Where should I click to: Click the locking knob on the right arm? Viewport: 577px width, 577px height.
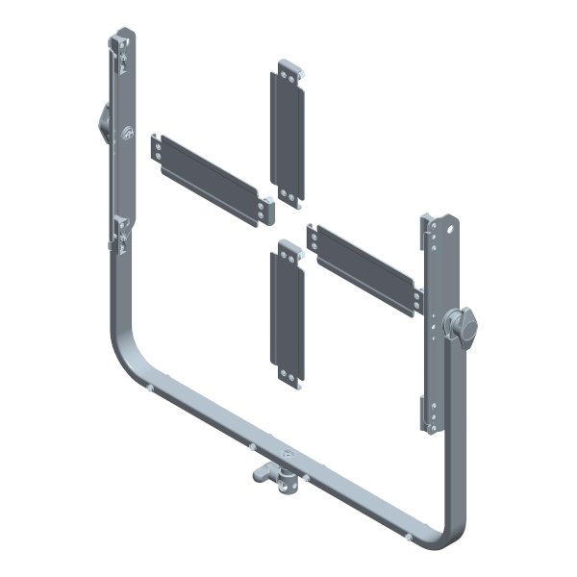pos(463,327)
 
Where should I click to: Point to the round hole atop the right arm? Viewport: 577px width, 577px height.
pos(444,231)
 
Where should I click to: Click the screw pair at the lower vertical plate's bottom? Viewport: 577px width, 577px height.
pos(288,373)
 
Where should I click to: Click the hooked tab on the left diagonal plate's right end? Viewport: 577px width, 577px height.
pos(266,206)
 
